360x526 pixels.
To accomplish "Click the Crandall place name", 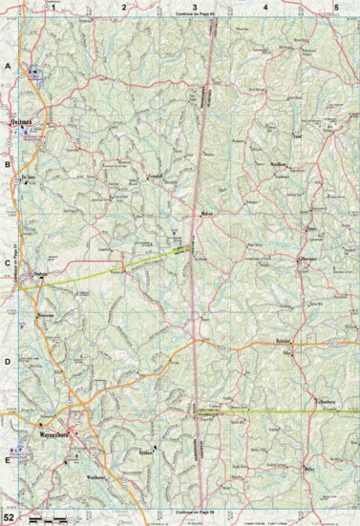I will click(x=155, y=178).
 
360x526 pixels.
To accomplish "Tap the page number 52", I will click(x=9, y=516).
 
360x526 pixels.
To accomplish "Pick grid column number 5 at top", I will click(x=335, y=7).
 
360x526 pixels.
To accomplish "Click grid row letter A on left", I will click(x=8, y=67).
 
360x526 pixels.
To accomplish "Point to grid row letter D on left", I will click(x=8, y=361).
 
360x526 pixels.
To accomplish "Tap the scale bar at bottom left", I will click(x=53, y=517).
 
